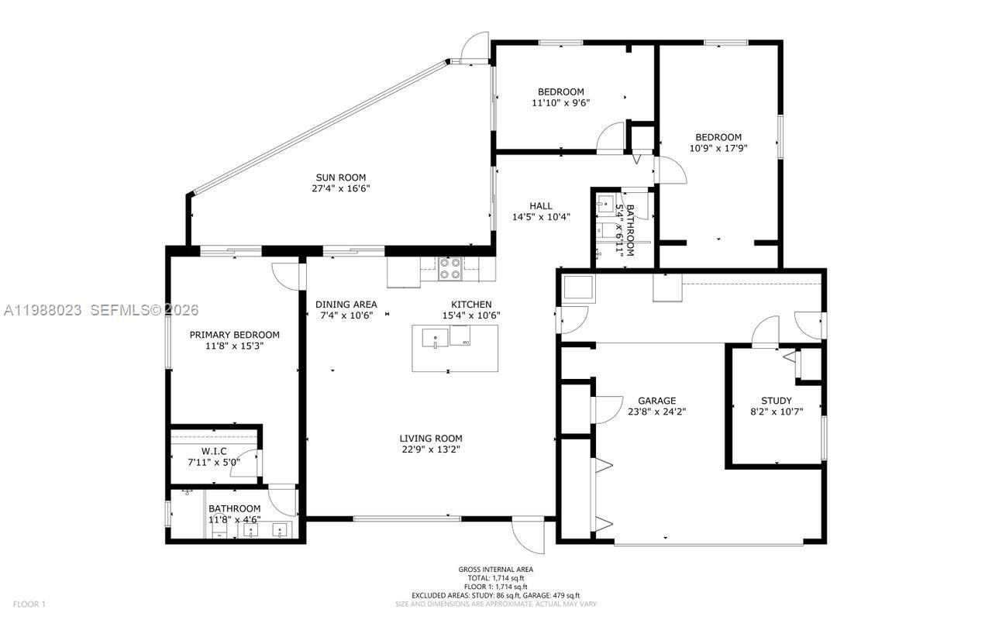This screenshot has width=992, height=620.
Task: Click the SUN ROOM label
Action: pos(340,177)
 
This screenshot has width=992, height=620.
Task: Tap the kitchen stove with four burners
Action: pos(449,268)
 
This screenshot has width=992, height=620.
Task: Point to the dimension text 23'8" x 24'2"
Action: pos(656,412)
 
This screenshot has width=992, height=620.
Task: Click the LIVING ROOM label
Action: pos(432,438)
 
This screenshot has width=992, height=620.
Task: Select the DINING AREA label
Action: pos(346,305)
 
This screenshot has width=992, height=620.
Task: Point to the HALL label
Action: pos(541,206)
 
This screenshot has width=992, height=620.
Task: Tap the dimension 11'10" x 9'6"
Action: pos(561,102)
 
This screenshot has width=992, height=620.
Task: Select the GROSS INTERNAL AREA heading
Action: pos(495,570)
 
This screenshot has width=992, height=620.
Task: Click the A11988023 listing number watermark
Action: pos(43,310)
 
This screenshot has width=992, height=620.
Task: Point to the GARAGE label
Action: pos(656,401)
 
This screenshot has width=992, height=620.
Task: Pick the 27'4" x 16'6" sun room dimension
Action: pos(340,188)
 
